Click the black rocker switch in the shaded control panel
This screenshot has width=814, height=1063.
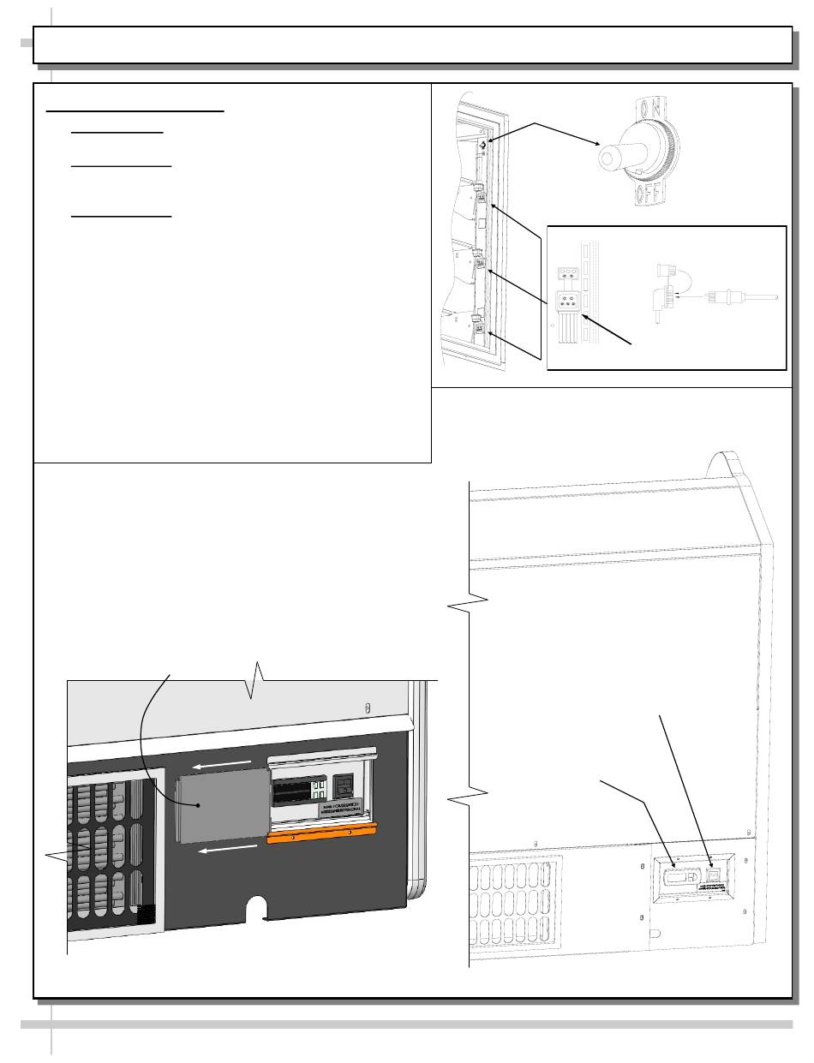coord(343,788)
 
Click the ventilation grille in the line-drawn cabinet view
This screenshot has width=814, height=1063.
coord(514,899)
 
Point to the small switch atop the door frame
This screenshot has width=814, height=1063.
coord(483,146)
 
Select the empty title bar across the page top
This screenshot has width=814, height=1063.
coord(411,45)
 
